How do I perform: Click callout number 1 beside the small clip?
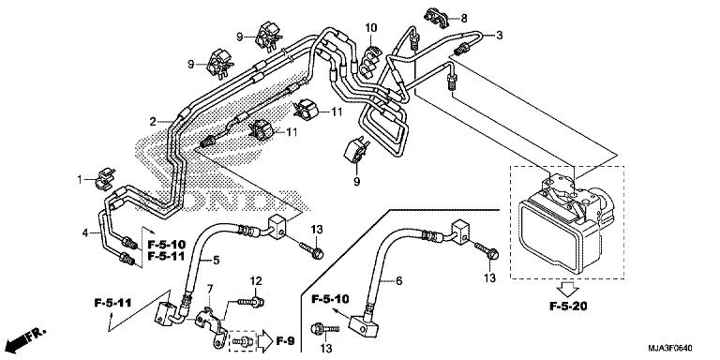point(80,177)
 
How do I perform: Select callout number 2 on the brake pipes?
point(152,122)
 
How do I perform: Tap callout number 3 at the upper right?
point(499,36)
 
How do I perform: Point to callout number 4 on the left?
point(84,232)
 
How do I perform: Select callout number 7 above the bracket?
point(210,288)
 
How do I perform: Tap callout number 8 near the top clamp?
point(463,18)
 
